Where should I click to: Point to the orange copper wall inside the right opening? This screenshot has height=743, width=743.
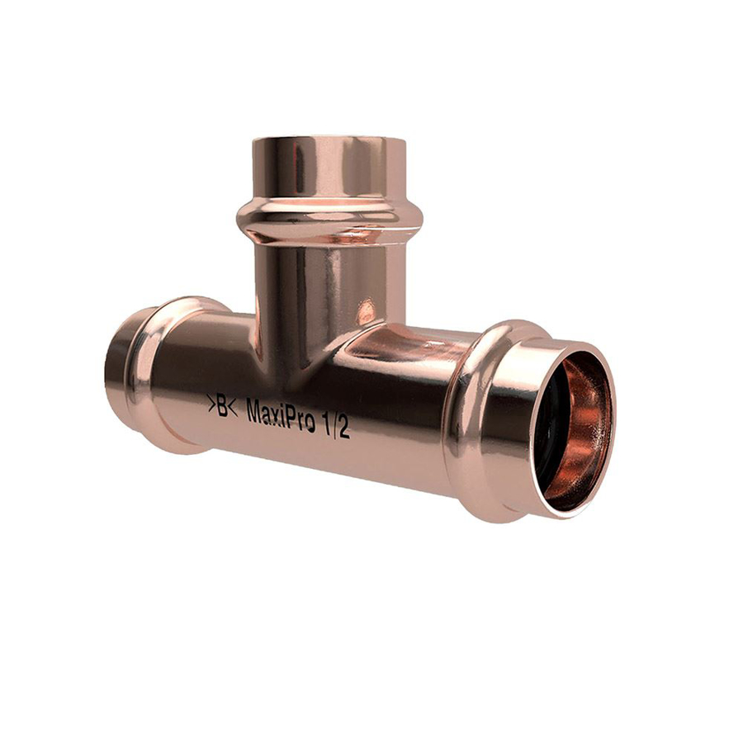coord(582,438)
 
